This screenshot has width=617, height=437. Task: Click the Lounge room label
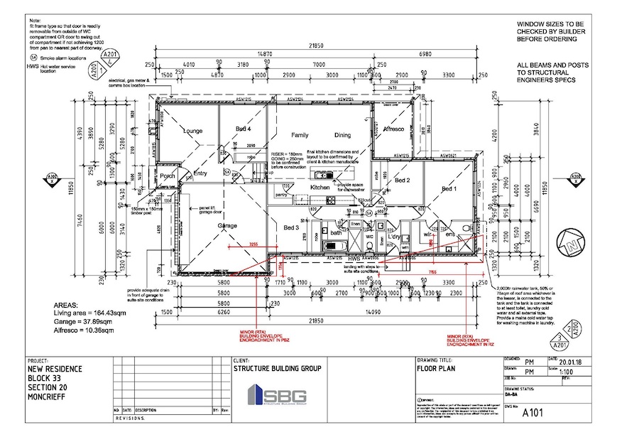tap(193, 131)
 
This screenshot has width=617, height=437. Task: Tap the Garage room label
tap(226, 225)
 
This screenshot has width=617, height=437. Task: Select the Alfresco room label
tap(393, 129)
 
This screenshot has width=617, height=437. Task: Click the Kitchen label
tap(320, 188)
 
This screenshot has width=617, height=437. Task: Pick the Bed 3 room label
tap(291, 227)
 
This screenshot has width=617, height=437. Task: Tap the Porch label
tap(168, 176)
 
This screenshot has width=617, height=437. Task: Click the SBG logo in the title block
tap(276, 395)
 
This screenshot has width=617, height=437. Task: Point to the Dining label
tap(344, 134)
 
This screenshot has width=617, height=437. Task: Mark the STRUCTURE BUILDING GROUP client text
tap(277, 369)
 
